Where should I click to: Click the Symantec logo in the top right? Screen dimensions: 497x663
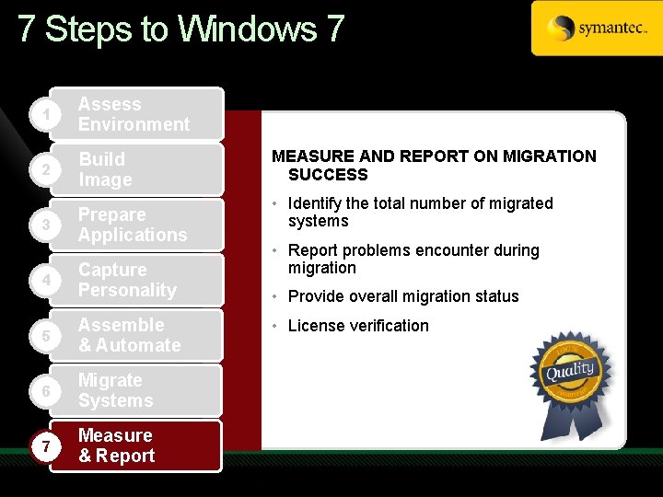coord(596,29)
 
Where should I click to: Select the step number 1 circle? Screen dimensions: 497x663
coord(34,114)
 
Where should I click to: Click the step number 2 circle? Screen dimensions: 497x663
coord(34,170)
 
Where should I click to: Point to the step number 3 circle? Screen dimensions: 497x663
coord(34,225)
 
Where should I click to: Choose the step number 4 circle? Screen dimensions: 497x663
coord(34,281)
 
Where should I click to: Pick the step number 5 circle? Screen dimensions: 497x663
coord(34,336)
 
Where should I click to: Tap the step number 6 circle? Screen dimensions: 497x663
coord(34,391)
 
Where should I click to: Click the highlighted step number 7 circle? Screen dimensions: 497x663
coord(34,446)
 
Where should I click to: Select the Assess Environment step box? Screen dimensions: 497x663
coord(135,114)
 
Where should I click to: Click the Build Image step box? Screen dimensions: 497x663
coord(135,169)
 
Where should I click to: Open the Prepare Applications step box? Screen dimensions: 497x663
coord(135,225)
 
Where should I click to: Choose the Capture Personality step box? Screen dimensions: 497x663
coord(135,280)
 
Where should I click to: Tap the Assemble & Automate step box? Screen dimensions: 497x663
coord(135,335)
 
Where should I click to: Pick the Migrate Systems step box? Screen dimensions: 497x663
coord(135,390)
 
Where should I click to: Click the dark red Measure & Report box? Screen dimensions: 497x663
coord(135,445)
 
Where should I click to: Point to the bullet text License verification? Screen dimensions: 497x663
coord(358,326)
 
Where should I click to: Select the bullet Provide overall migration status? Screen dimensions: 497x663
coord(403,296)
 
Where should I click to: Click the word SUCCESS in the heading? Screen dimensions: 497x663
coord(328,175)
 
